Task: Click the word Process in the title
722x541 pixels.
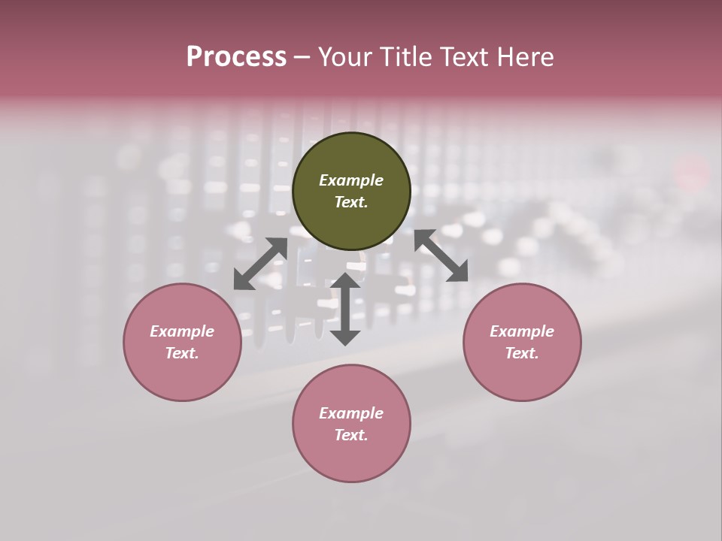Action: pyautogui.click(x=236, y=57)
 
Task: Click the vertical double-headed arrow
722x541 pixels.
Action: pyautogui.click(x=345, y=309)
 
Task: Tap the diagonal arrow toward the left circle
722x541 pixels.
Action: pyautogui.click(x=260, y=264)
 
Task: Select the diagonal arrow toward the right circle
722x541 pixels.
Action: pyautogui.click(x=441, y=255)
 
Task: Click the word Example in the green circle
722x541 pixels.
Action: pyautogui.click(x=351, y=180)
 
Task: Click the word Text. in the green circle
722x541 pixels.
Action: pyautogui.click(x=351, y=202)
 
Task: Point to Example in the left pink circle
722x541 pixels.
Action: pyautogui.click(x=182, y=331)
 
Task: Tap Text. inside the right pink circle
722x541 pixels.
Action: pyautogui.click(x=522, y=353)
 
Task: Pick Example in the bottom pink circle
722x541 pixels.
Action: pyautogui.click(x=351, y=413)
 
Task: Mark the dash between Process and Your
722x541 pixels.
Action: pyautogui.click(x=302, y=57)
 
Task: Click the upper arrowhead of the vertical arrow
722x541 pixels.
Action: pyautogui.click(x=345, y=283)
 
